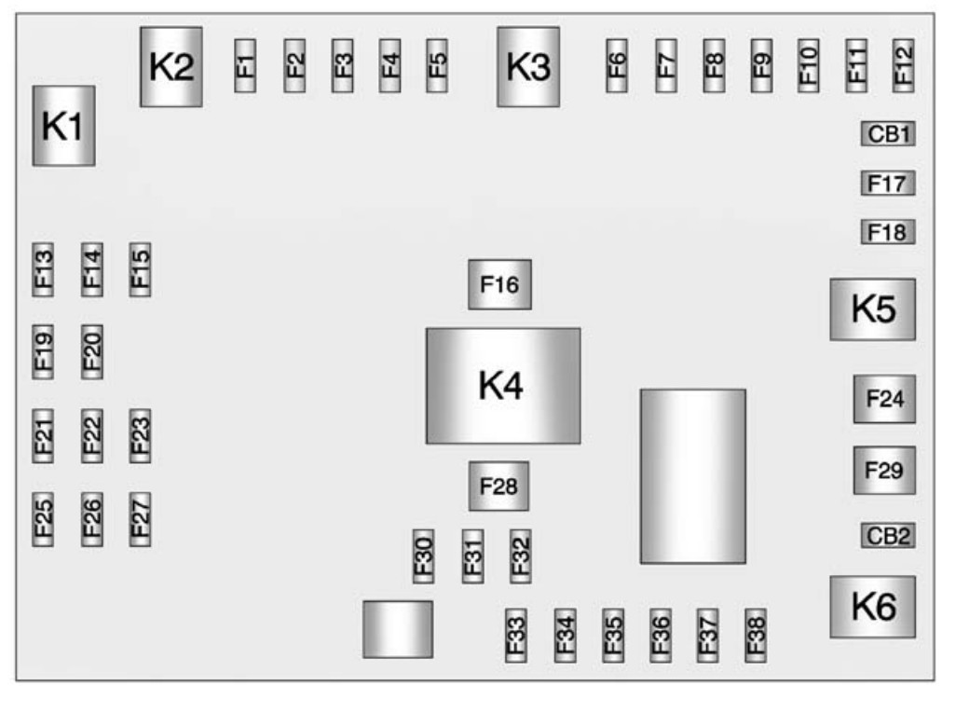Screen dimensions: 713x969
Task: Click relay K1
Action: click(x=63, y=126)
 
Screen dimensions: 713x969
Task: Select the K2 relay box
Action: click(x=171, y=67)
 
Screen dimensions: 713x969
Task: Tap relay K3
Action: click(x=528, y=67)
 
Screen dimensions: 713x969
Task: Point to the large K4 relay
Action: click(x=503, y=385)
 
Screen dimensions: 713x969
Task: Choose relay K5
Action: click(x=873, y=309)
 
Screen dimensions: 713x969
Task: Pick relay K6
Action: click(x=873, y=607)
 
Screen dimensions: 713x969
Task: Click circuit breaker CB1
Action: click(x=888, y=134)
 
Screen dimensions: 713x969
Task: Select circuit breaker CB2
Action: click(x=888, y=535)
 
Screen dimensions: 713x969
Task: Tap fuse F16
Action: click(x=499, y=284)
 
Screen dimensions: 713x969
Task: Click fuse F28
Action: click(x=498, y=486)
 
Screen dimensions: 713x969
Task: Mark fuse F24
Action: click(x=884, y=399)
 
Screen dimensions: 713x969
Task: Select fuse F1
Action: click(x=244, y=65)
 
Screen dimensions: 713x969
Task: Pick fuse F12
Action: click(x=903, y=65)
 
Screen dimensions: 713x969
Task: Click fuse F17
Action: click(x=888, y=183)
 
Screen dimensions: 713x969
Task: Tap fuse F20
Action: click(x=92, y=351)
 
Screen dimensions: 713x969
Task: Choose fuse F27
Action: click(x=140, y=518)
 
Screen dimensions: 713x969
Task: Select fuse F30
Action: click(x=424, y=556)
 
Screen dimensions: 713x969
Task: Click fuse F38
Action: click(x=756, y=636)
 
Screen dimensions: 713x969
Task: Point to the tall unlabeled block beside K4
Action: click(x=692, y=476)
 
